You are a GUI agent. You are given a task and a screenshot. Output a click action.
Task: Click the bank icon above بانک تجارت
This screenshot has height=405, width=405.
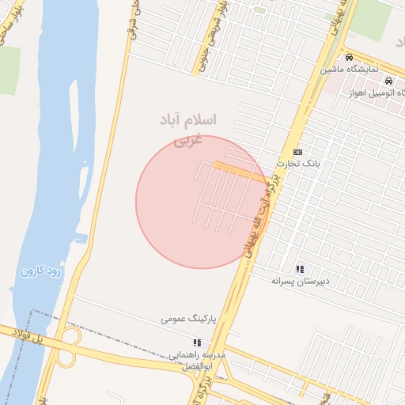click(x=297, y=152)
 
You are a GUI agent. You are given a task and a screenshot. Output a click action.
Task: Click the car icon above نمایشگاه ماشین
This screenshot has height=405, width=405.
click(x=349, y=58)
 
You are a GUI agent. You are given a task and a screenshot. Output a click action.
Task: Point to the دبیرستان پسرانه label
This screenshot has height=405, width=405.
click(x=300, y=281)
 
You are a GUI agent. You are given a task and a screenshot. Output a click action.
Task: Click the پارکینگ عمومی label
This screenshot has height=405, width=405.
click(x=188, y=319)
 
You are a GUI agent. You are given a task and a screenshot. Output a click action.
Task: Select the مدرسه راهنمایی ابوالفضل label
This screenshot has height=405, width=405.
click(x=197, y=360)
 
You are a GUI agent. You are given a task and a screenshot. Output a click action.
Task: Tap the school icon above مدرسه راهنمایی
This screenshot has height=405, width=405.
click(x=197, y=342)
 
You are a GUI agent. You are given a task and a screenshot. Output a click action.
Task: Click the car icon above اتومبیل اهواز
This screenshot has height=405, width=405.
click(x=388, y=81)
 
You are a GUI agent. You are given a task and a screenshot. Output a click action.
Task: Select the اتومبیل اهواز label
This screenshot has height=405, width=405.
click(x=375, y=93)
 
